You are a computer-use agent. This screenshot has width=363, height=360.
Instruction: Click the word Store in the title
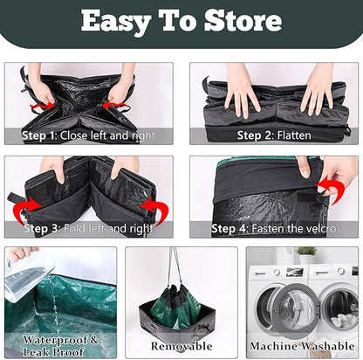(x=243, y=21)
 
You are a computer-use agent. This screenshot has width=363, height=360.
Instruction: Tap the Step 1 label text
(x=39, y=135)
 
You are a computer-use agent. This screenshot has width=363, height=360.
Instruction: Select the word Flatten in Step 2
(x=294, y=135)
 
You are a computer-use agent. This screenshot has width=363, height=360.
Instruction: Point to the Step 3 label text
(x=42, y=229)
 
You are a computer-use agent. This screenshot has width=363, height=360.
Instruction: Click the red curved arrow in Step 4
(x=331, y=189)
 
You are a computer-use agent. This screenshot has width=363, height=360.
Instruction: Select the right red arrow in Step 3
(x=156, y=209)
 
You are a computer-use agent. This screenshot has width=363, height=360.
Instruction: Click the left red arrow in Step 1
(x=42, y=107)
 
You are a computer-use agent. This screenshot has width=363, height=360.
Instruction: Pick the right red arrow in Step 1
(x=114, y=105)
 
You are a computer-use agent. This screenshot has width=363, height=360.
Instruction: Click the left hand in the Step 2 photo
(x=241, y=90)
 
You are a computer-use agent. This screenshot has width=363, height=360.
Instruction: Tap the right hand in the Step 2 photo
(x=318, y=89)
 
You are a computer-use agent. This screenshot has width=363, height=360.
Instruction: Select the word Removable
(x=181, y=346)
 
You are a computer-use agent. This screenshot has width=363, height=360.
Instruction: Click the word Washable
(x=328, y=346)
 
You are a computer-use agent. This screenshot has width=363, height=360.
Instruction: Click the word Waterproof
(x=55, y=340)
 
